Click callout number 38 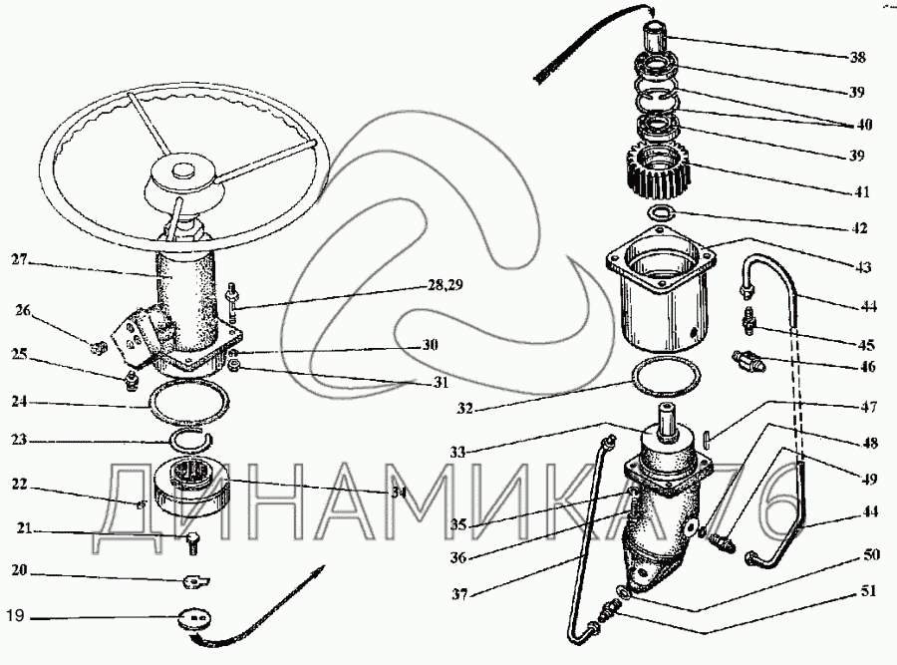(x=857, y=57)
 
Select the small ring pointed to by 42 (x=662, y=213)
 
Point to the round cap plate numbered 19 (x=195, y=620)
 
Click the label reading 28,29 (x=443, y=285)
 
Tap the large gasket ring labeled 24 (x=188, y=404)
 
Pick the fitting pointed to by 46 (x=747, y=362)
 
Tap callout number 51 (x=868, y=591)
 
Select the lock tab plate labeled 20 (x=196, y=581)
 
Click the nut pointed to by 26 (x=100, y=347)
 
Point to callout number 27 (x=20, y=260)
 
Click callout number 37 (x=459, y=594)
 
